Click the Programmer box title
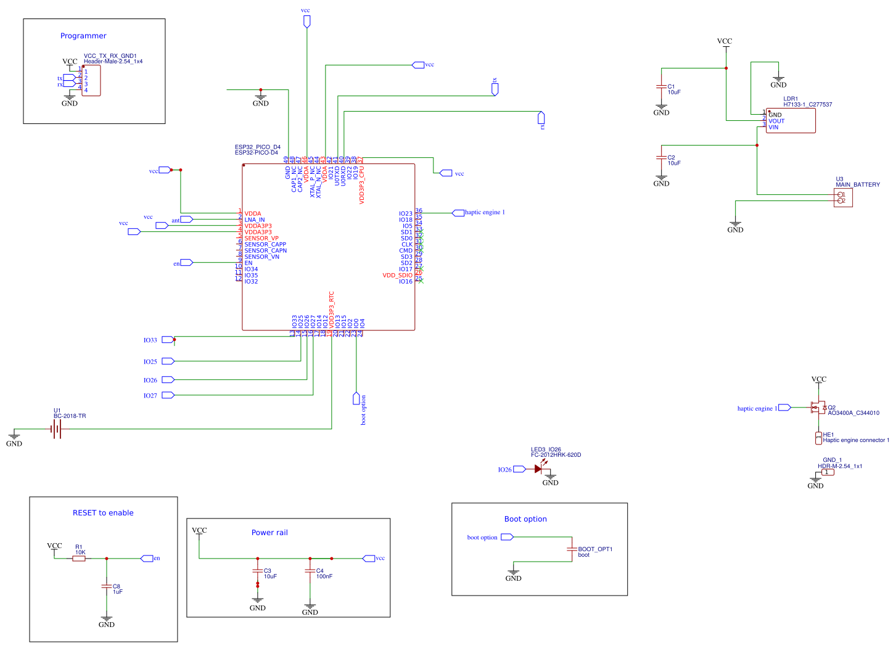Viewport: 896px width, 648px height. point(83,36)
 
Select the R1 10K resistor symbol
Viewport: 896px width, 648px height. point(79,559)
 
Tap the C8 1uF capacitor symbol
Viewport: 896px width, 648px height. point(107,586)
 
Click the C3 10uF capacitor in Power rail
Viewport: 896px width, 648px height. point(258,571)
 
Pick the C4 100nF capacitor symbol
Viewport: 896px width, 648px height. point(310,571)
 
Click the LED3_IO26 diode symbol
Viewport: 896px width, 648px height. point(538,469)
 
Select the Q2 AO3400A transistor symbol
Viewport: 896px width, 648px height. point(818,408)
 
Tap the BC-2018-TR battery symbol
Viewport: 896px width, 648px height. point(57,429)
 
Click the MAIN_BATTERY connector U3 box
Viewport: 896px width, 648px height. point(843,198)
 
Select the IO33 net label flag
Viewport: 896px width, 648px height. point(168,340)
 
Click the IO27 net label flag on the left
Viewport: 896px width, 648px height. point(168,395)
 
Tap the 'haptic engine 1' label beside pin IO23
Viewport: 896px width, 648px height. point(485,213)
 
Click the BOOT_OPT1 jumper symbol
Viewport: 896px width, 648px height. point(572,549)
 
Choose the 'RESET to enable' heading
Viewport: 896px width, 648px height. point(103,513)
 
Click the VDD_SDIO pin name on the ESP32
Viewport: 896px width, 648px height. point(397,276)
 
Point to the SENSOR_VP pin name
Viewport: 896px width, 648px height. point(261,239)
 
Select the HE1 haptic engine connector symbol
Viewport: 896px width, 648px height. point(818,438)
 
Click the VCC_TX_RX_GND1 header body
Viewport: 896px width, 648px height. point(91,81)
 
